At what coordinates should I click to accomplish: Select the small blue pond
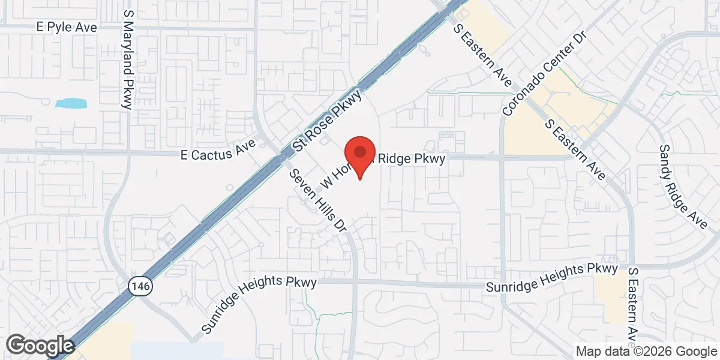(x=71, y=103)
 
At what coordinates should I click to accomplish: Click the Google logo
(x=40, y=346)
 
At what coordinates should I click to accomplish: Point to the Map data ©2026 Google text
(x=646, y=351)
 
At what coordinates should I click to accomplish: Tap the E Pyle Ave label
(x=66, y=28)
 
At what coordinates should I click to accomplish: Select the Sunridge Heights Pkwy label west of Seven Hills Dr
(x=259, y=304)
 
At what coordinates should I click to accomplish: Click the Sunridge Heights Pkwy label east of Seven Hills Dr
(x=551, y=277)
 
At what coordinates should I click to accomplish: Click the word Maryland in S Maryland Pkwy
(x=127, y=53)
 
